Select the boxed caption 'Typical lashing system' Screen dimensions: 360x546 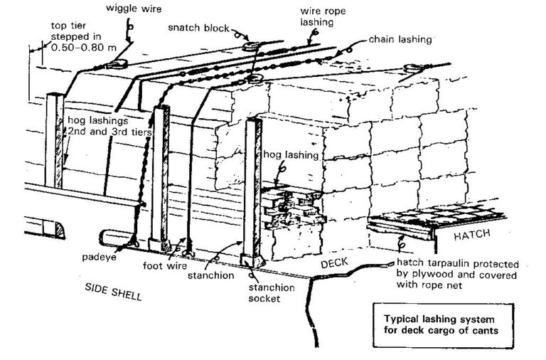[446, 319]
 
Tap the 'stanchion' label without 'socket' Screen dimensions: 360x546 [213, 274]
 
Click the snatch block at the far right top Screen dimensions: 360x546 [412, 69]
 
